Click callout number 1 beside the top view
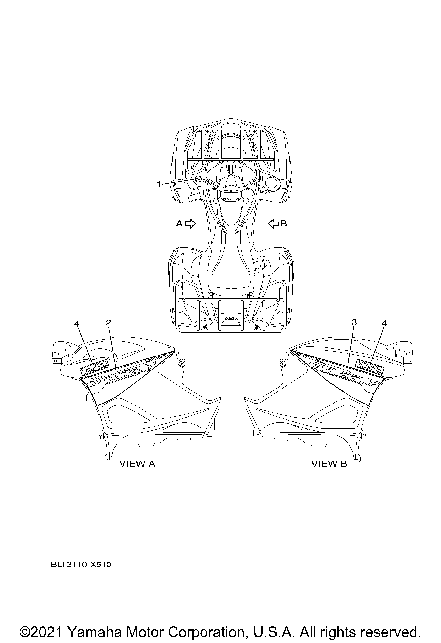pos(158,184)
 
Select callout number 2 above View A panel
pos(108,323)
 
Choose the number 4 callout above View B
pos(384,323)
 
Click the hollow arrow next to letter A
pos(190,223)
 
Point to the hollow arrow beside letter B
pos(274,223)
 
